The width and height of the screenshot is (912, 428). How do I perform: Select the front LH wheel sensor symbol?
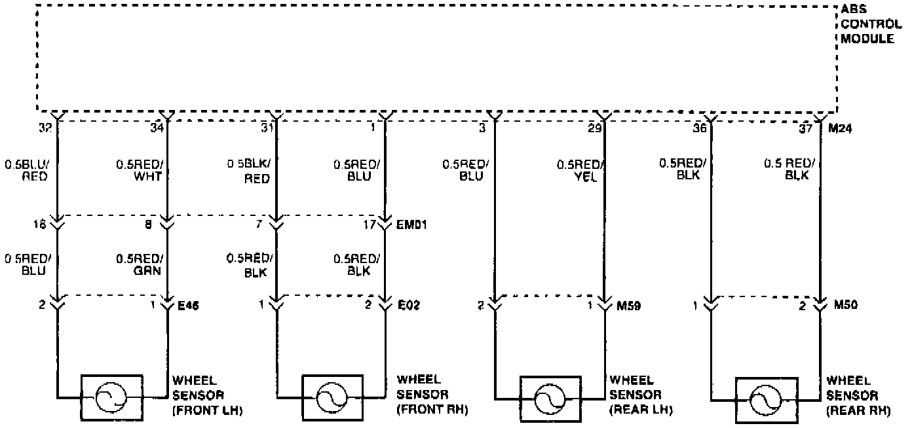coord(111,397)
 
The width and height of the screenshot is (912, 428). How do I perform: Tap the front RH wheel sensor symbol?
coord(332,397)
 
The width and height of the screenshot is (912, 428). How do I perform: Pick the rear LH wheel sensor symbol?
coord(550,398)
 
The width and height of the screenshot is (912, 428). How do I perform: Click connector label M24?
coord(841,129)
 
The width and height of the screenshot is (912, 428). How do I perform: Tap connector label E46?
coord(189,305)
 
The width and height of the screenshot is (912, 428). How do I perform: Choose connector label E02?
coord(409,305)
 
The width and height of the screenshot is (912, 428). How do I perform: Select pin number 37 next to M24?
coord(807,129)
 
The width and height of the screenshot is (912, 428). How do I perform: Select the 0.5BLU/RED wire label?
coord(26,170)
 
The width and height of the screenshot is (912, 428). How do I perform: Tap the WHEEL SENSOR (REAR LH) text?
coord(640,395)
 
